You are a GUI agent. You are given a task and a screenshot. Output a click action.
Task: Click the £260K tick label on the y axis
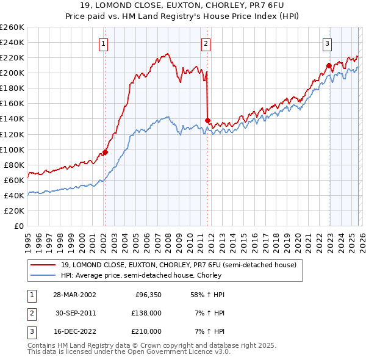(x=12, y=27)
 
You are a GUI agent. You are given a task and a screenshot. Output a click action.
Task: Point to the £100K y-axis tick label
(x=12, y=149)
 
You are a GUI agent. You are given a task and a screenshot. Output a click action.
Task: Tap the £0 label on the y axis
(x=19, y=226)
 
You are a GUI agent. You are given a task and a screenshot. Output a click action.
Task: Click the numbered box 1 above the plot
(x=104, y=43)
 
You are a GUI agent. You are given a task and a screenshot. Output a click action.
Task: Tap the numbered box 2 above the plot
(x=206, y=43)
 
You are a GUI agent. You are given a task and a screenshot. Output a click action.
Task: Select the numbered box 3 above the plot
(x=328, y=43)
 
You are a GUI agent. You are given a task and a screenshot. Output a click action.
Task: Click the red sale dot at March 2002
(x=105, y=152)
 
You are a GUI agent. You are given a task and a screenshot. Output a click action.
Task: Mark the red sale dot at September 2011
(x=207, y=120)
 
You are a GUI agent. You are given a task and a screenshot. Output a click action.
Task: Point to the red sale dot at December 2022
(x=329, y=65)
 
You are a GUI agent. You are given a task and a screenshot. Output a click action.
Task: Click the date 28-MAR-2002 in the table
(x=74, y=295)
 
